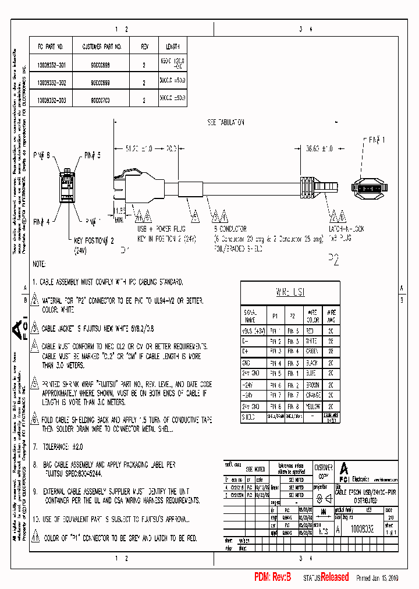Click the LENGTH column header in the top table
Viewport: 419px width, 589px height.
173,47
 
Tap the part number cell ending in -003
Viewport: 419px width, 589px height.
52,100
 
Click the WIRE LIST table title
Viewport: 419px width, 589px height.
290,292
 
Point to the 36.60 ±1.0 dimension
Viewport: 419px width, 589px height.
319,149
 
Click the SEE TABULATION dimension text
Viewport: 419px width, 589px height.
225,123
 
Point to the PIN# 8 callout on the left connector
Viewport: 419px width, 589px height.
44,155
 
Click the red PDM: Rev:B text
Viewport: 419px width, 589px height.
272,577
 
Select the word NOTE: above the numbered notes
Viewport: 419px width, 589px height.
39,264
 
